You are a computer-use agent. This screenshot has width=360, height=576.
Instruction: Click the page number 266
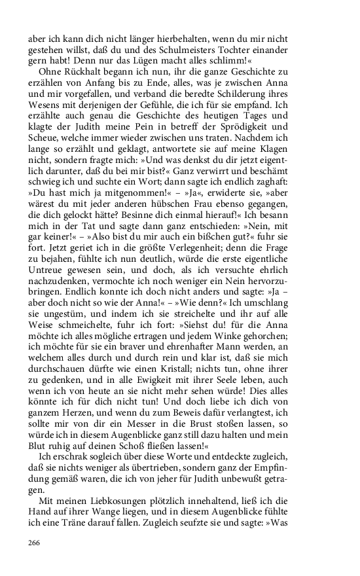[x=35, y=543]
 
